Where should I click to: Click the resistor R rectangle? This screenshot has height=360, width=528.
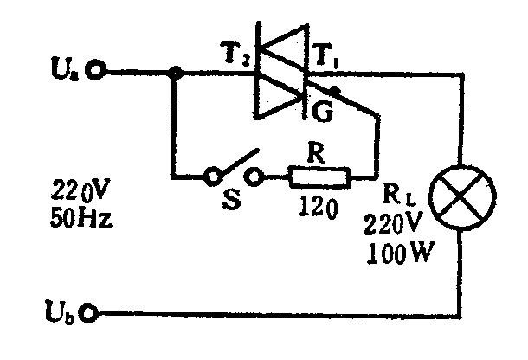tap(319, 179)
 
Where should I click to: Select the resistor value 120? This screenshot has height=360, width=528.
tap(319, 207)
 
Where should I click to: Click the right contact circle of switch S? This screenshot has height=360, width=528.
tap(255, 178)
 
